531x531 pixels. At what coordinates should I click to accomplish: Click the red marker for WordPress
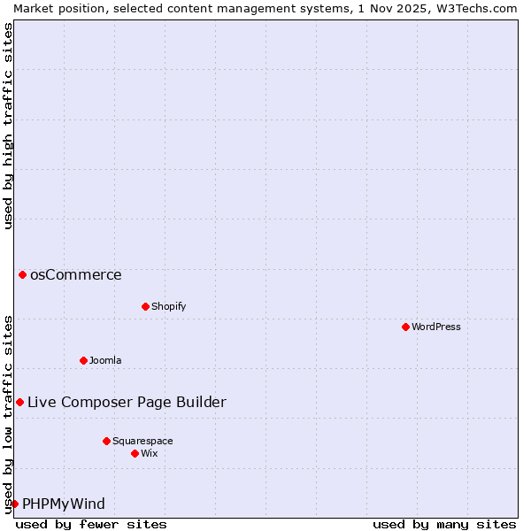point(405,327)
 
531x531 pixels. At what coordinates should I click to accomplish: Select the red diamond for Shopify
point(145,306)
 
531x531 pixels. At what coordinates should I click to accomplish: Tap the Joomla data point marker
point(83,360)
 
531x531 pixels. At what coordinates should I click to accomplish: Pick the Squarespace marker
point(106,441)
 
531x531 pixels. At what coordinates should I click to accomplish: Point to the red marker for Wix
point(135,453)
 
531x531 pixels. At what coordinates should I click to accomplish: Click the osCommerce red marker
point(22,274)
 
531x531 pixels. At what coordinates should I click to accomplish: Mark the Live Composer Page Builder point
point(19,402)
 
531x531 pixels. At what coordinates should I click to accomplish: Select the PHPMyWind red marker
point(14,504)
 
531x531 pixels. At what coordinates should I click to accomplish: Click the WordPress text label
point(436,327)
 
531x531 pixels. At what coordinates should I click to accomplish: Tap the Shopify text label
point(168,306)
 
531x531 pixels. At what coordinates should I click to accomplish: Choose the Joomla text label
point(105,360)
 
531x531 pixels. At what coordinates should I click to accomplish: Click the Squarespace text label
point(142,441)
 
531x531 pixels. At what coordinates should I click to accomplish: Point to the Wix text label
point(150,453)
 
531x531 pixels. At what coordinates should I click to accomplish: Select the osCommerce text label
point(76,274)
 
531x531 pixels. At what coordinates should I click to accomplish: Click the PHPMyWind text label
point(64,504)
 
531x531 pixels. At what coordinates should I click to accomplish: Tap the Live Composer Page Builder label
point(127,402)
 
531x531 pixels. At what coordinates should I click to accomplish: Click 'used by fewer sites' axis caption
point(91,524)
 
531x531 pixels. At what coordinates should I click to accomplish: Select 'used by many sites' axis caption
point(444,524)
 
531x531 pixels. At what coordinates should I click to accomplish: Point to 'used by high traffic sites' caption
point(8,126)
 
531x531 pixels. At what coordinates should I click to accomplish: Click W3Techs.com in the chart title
point(474,8)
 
